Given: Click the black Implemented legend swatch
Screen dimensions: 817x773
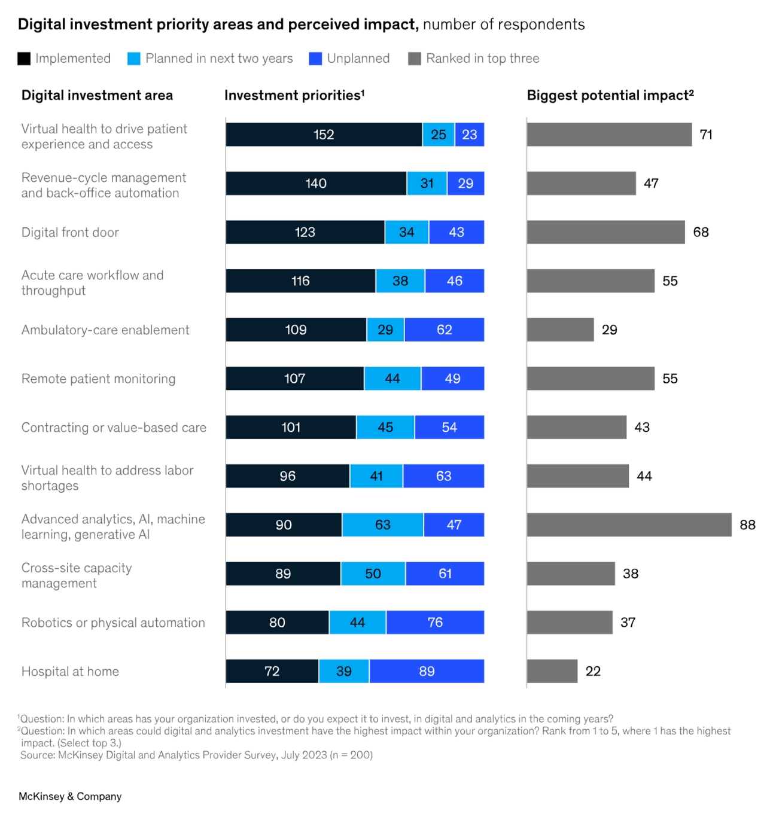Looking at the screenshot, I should tap(24, 59).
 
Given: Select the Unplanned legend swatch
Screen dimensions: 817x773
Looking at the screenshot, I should tap(315, 59).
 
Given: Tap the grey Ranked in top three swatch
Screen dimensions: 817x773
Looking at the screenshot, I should tap(414, 59).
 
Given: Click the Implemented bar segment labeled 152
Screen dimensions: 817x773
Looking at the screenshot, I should tap(324, 135).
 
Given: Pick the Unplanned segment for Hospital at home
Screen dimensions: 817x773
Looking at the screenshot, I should tap(427, 671).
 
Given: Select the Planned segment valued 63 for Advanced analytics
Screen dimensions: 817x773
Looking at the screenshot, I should tap(382, 525).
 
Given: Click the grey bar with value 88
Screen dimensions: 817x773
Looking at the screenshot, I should tap(629, 525).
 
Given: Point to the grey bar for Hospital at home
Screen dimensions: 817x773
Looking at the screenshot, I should tap(552, 671).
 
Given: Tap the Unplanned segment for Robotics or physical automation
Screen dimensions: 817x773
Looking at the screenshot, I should tap(435, 623).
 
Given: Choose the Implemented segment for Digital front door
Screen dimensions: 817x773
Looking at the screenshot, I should tap(305, 232).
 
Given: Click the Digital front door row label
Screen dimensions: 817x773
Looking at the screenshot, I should tap(70, 232).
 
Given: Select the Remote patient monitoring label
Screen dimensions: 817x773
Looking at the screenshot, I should tap(99, 379).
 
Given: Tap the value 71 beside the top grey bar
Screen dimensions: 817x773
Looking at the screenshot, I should tap(706, 135).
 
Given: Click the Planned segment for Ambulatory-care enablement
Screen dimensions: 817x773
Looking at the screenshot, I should tap(385, 330).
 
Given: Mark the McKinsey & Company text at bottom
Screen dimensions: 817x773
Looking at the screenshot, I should tap(70, 796).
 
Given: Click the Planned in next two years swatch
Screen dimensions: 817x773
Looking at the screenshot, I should tap(134, 59).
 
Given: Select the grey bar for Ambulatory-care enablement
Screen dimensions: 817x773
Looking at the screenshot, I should tap(560, 330).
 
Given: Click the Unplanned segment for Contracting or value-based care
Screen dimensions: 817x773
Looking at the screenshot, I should tap(449, 427).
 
